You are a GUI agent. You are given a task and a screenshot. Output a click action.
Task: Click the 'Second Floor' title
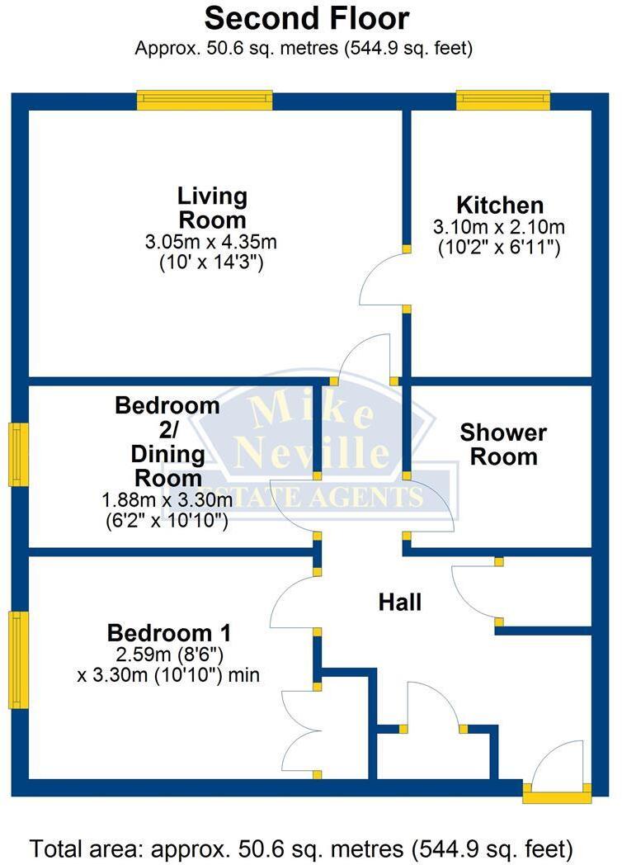(306, 17)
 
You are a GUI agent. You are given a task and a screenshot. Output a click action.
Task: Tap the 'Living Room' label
(212, 208)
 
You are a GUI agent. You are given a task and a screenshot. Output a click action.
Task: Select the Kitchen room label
(500, 205)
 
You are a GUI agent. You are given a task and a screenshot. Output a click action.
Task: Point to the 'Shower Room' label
(503, 444)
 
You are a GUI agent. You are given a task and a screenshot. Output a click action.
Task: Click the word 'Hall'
(400, 603)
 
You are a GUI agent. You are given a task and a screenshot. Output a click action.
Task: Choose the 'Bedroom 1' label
(169, 633)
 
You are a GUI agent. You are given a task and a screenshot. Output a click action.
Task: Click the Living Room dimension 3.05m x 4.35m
(211, 243)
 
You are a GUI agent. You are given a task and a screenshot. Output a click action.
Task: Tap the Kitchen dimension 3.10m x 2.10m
(499, 226)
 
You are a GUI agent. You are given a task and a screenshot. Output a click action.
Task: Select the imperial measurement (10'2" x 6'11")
(499, 246)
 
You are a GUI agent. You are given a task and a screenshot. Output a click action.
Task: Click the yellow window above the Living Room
(205, 100)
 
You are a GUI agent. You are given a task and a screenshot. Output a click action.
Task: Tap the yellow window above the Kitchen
(503, 100)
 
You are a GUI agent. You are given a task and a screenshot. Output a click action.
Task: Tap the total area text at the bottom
(302, 848)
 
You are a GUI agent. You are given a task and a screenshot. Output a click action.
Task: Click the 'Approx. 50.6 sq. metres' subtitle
(304, 48)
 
